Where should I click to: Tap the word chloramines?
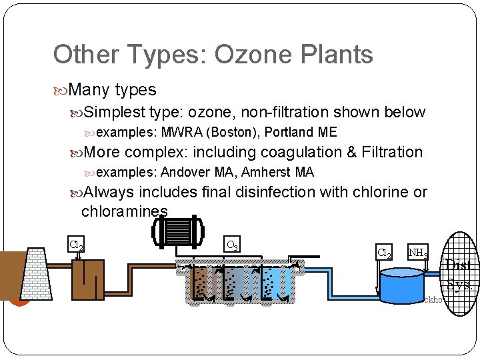pos(125,211)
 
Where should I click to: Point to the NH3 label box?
pos(418,253)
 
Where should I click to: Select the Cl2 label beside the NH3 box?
pos(385,253)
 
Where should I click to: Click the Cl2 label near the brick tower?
pos(77,245)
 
